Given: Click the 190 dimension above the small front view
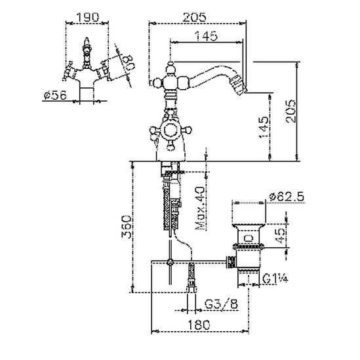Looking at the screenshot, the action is [x=87, y=17].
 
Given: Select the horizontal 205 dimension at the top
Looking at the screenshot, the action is [x=194, y=17].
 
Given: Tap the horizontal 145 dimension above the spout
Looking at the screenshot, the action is [x=206, y=36].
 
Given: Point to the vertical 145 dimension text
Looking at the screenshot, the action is [x=264, y=128].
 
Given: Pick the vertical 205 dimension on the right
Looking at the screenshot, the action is [x=291, y=111].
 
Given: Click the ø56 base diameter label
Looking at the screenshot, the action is [x=55, y=95].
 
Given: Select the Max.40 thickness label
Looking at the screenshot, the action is [x=200, y=209].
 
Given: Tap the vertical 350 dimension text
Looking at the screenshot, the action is [x=127, y=227].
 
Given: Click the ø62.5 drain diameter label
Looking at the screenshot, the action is [x=287, y=197].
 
